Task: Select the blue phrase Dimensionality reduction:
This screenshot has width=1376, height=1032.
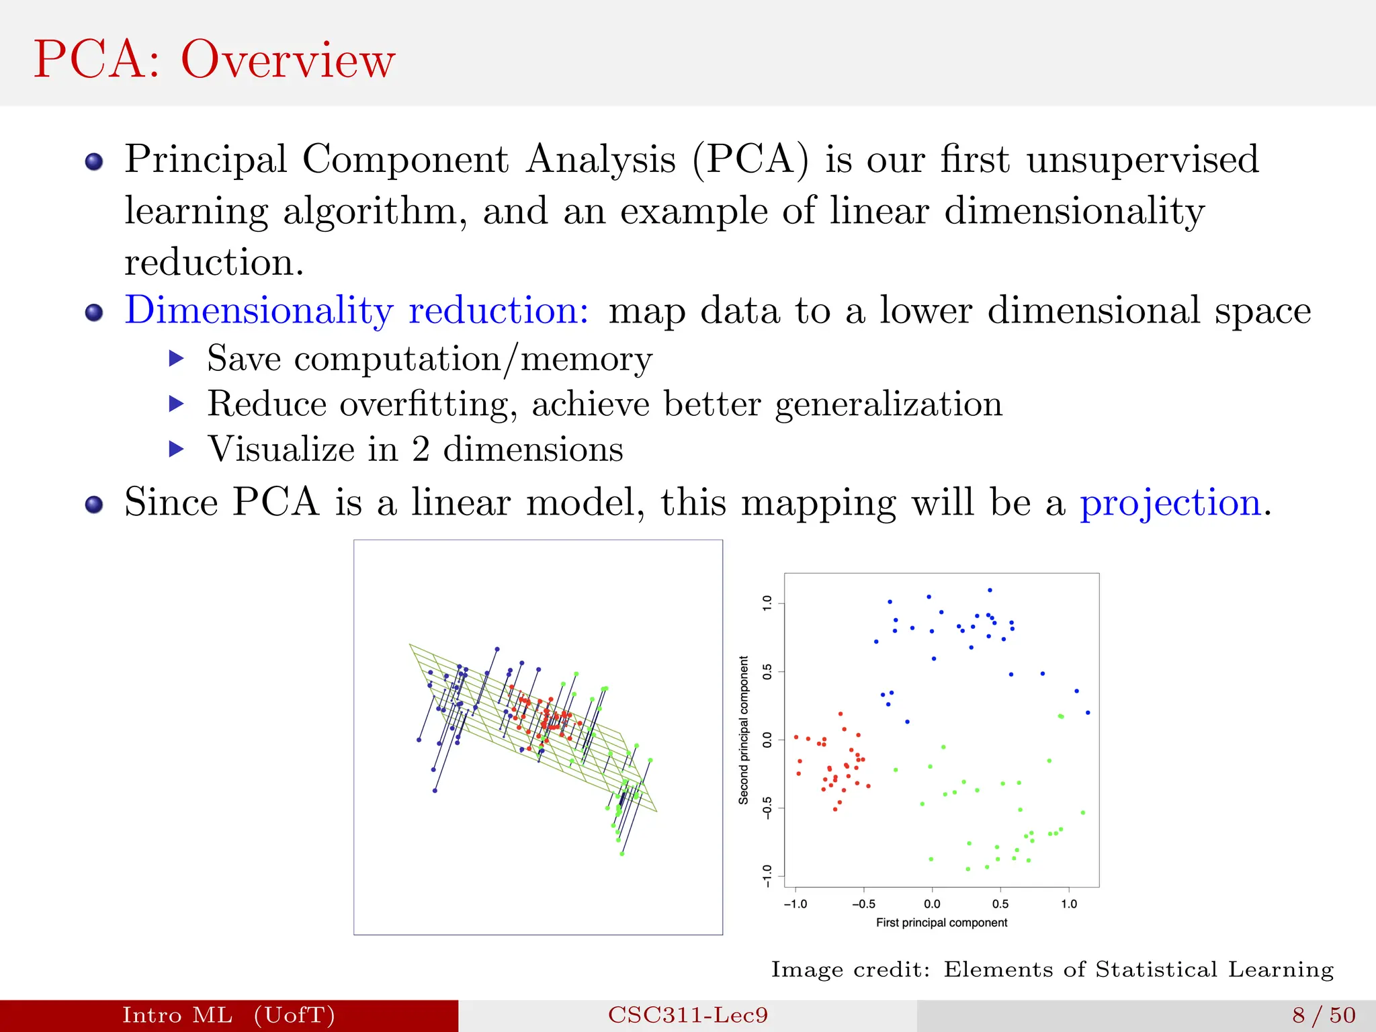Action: (357, 310)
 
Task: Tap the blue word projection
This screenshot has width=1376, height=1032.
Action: (1170, 503)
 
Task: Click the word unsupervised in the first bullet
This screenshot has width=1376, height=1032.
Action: (1142, 160)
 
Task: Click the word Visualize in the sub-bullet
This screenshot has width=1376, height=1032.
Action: (282, 449)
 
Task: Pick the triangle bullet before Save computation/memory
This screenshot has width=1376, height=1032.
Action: (176, 358)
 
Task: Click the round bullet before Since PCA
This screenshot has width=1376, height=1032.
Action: (94, 504)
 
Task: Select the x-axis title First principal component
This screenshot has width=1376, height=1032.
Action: (941, 922)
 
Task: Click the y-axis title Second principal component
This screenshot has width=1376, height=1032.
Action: (743, 730)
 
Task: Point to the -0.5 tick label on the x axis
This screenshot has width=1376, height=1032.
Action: (863, 904)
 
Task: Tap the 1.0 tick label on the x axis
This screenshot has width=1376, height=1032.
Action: (1069, 904)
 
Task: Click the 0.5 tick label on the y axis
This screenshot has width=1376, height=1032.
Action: (767, 672)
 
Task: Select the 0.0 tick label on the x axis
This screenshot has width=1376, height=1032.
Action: (932, 904)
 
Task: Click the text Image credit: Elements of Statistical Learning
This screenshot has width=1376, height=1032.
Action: (1052, 970)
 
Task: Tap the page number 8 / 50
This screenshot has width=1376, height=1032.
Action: (1324, 1015)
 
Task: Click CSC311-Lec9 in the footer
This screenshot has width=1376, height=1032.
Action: (688, 1015)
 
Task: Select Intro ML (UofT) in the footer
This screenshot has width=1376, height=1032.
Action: (228, 1015)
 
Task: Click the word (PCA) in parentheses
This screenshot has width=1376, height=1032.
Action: (750, 160)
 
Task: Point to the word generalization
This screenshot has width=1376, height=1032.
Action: (888, 404)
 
